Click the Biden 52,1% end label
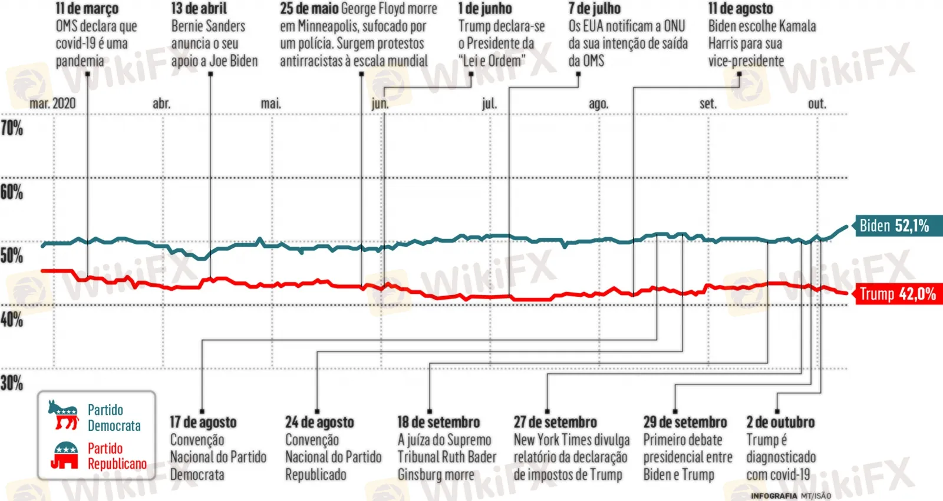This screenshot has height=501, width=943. pos(894,225)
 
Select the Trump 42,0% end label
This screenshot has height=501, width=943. pos(896,294)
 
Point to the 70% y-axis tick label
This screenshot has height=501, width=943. pos(12,128)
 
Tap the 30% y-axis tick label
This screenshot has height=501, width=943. pos(12,383)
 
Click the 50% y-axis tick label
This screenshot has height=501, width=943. pos(12,256)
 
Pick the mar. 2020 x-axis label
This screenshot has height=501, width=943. pos(52,104)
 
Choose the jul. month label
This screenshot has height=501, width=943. pos(489,104)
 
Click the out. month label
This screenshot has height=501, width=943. pos(816,104)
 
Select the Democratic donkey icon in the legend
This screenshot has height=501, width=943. pos(63,415)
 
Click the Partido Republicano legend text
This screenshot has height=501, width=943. pos(117,456)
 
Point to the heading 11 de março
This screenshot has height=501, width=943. pos(87,9)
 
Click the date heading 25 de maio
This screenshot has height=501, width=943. pos(309,9)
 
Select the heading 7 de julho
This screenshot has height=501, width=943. pos(594,9)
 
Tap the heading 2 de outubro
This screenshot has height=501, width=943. pos(780,422)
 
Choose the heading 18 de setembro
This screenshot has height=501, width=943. pos(438,422)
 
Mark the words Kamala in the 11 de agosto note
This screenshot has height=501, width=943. pos(798,26)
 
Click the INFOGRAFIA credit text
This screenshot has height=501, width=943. pos(774,496)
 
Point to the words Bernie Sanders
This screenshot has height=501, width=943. pos(208,26)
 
